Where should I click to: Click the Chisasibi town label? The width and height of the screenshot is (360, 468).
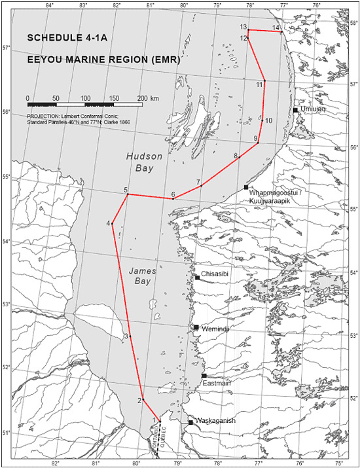point(214,274)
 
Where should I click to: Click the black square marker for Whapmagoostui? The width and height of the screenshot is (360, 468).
point(246,188)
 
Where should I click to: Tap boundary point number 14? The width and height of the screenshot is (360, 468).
point(281,31)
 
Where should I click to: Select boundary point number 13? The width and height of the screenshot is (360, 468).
point(249,30)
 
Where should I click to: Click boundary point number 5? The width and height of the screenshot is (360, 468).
point(127,194)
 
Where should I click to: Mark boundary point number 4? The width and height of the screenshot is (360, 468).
point(113,224)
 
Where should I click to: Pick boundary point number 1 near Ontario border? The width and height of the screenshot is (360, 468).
point(160,420)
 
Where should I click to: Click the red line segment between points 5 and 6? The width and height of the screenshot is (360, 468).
point(150,196)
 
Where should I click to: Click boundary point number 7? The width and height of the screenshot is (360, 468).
point(201,186)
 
